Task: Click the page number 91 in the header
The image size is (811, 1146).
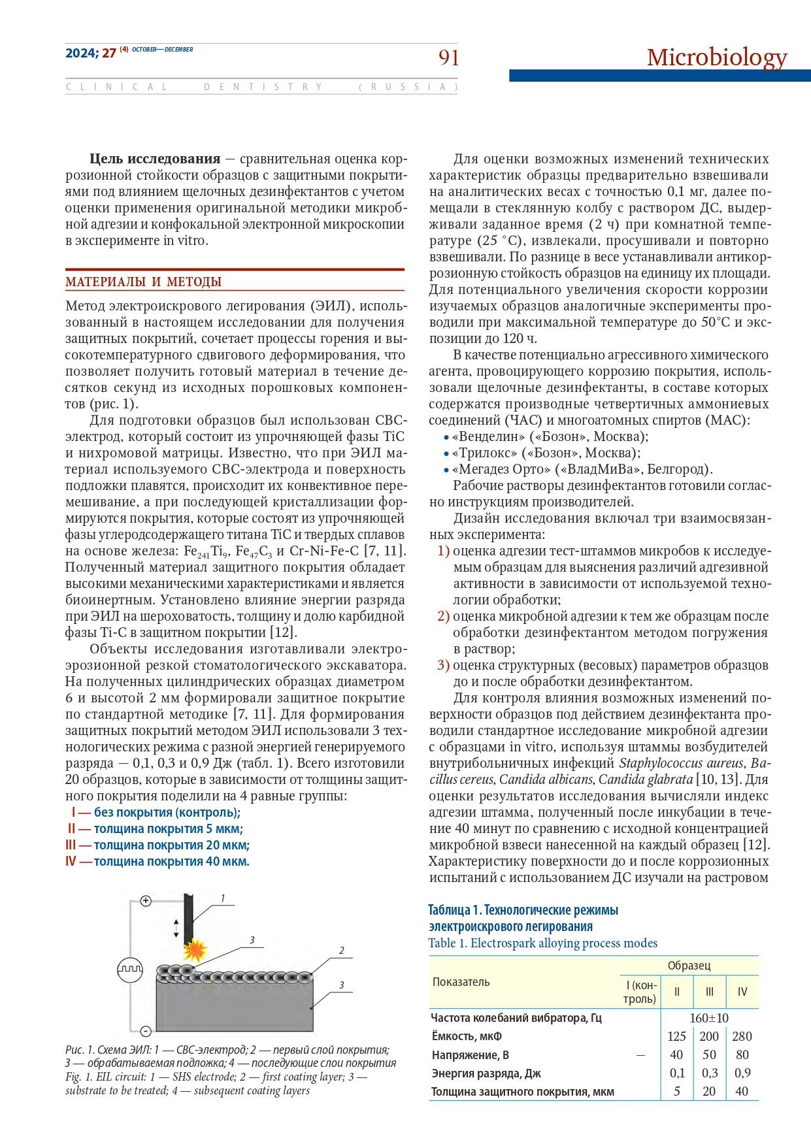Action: [x=448, y=58]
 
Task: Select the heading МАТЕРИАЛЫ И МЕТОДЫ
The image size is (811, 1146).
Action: [x=143, y=282]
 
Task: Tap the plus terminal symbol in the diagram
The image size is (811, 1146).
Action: [x=146, y=901]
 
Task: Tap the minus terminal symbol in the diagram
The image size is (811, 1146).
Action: [x=146, y=1032]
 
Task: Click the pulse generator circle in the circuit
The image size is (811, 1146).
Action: [x=129, y=967]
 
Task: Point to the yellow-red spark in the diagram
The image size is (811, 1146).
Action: [x=194, y=947]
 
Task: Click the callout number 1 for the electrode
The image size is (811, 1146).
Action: [x=223, y=898]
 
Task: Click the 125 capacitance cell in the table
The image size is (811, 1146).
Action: [x=676, y=1036]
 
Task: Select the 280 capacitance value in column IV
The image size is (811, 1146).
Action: [x=742, y=1036]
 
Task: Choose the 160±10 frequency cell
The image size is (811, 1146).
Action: [x=709, y=1018]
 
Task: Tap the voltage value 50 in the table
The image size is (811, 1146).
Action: [x=709, y=1055]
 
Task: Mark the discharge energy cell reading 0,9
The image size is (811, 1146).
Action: [x=742, y=1073]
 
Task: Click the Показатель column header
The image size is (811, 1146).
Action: [x=461, y=982]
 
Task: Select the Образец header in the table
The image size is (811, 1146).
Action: [x=689, y=966]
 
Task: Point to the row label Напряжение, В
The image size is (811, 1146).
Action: [x=471, y=1055]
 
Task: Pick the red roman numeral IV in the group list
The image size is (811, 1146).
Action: [x=71, y=861]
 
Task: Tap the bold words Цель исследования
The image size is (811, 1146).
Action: [x=154, y=159]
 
